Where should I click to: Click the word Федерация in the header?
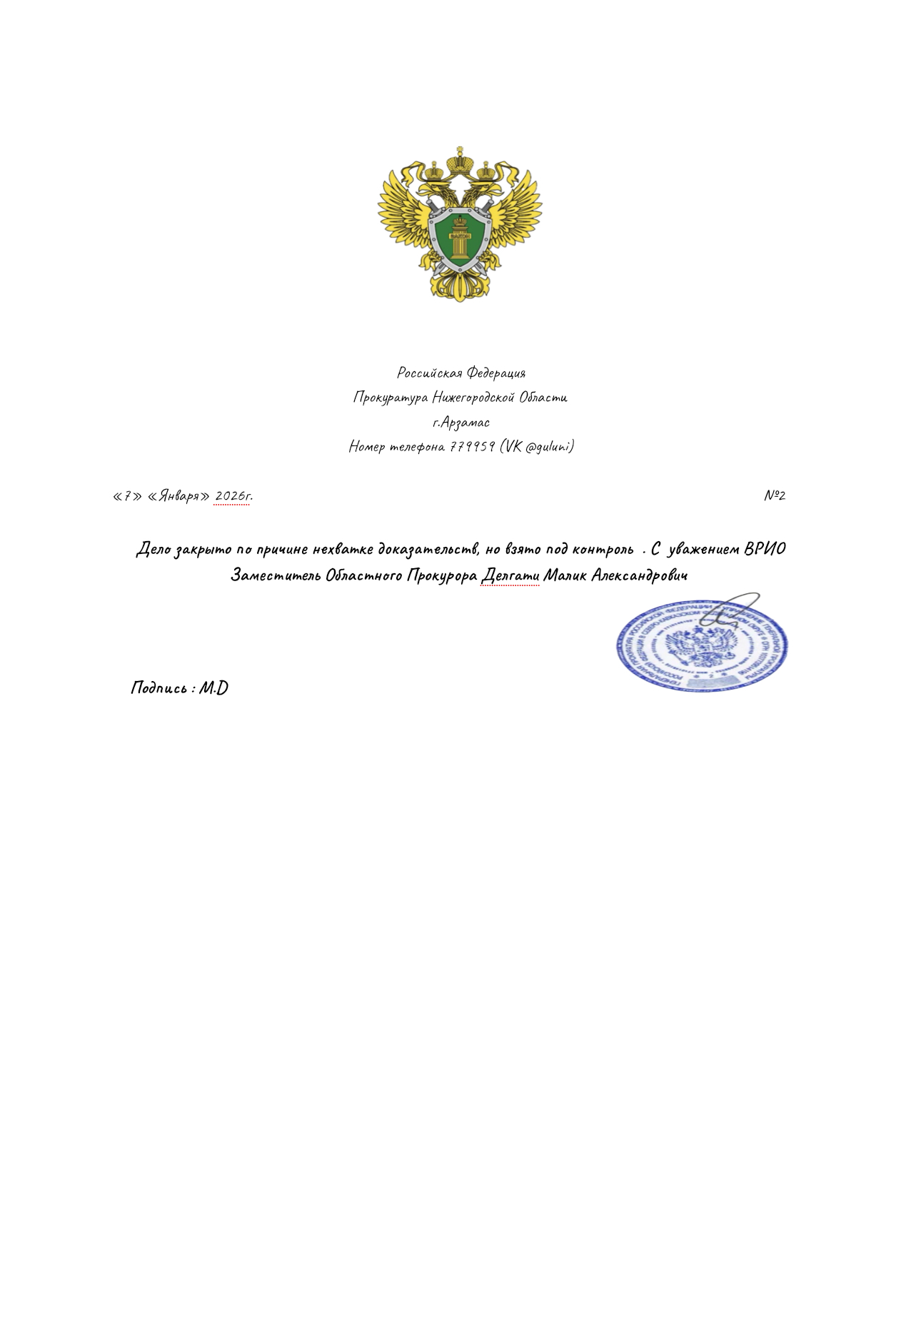coord(495,373)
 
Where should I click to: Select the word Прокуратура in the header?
coord(391,398)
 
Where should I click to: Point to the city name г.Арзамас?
coord(460,422)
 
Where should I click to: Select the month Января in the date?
coord(178,496)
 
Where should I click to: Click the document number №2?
coord(775,495)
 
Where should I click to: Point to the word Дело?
coord(153,549)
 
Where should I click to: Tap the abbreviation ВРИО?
coord(764,549)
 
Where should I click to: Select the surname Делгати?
coord(510,575)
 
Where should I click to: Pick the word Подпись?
coord(159,688)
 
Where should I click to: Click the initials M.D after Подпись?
coord(213,688)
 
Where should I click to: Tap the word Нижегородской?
coord(473,398)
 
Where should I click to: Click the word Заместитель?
coord(276,575)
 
